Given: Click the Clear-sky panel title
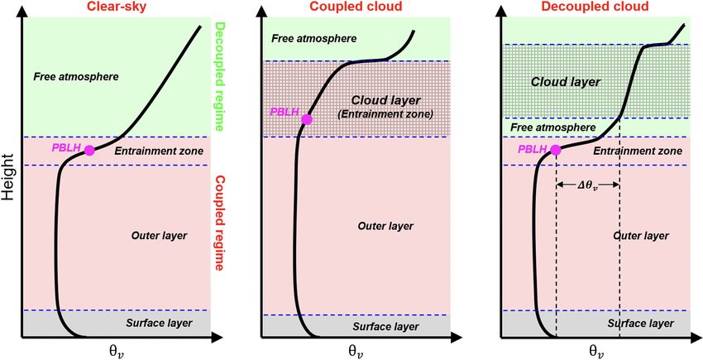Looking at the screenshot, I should click(117, 7).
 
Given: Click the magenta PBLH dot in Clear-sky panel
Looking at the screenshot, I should click(89, 150).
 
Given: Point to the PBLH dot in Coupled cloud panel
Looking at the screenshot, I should click(307, 119).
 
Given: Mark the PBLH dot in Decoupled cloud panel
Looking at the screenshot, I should click(555, 150).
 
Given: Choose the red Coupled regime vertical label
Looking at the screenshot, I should click(220, 223).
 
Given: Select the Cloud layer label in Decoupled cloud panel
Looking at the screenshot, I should click(566, 82).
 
